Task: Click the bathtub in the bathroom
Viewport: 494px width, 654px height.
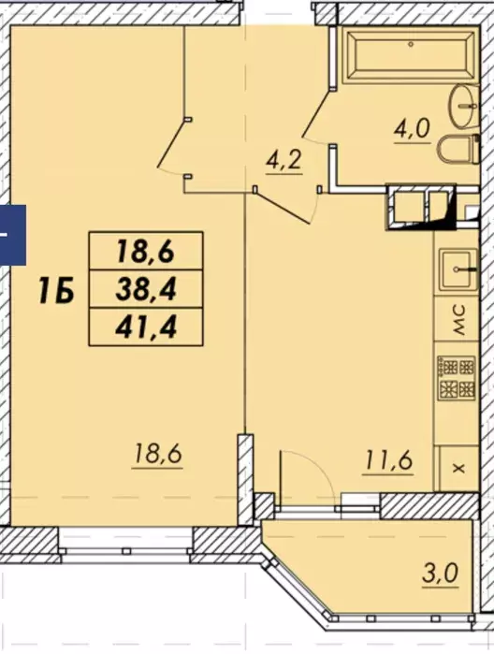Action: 411,54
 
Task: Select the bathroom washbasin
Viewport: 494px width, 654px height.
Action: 463,106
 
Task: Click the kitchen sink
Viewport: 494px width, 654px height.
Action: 459,269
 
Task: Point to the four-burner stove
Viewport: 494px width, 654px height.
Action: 456,377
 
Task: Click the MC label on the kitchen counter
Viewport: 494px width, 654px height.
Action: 459,320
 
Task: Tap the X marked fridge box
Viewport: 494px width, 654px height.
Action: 457,468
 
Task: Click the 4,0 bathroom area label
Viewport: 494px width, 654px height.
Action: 412,130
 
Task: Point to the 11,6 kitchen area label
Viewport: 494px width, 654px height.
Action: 388,461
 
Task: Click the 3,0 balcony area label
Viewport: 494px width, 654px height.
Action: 440,574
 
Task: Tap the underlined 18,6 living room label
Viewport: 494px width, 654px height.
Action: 157,455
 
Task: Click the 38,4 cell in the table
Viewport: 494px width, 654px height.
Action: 146,289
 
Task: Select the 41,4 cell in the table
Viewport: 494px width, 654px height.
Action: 146,327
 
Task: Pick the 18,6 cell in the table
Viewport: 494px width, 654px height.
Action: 146,252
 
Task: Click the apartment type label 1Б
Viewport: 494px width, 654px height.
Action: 56,291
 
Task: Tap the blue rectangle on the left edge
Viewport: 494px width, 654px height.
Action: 13,235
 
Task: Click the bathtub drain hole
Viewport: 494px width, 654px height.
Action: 411,44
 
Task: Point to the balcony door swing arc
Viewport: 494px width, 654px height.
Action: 316,465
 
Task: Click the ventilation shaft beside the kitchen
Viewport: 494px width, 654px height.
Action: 421,208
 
